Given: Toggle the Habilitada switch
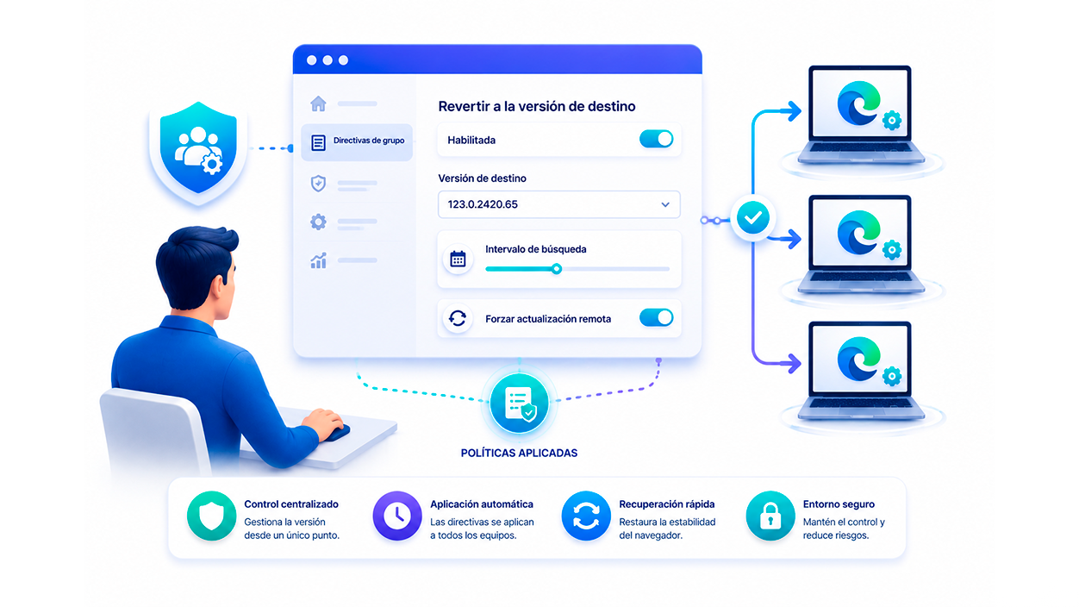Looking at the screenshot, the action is [x=656, y=139].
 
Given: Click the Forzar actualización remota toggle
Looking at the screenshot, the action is [x=656, y=318].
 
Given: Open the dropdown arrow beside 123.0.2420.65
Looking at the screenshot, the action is [x=665, y=204].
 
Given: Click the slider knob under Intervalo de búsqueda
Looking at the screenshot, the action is [x=557, y=269].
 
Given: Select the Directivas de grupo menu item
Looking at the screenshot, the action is [x=357, y=141].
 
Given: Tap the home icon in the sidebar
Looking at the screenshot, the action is [x=318, y=103].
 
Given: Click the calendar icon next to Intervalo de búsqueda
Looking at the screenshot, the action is [x=458, y=260].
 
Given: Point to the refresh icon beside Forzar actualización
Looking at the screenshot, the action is [x=457, y=318].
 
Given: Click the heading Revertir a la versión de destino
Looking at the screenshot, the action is [x=537, y=106].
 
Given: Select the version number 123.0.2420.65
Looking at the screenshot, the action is [x=483, y=204].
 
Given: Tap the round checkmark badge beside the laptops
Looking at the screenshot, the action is [x=753, y=218].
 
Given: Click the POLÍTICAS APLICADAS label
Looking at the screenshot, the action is [x=519, y=453].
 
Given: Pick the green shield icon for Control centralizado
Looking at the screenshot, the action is [x=211, y=516].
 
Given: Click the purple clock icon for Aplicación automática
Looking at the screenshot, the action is [x=397, y=516].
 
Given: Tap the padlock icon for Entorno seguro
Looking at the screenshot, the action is [x=770, y=516].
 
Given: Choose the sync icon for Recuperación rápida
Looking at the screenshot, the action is [x=586, y=516].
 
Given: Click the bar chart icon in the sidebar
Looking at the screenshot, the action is [x=318, y=260].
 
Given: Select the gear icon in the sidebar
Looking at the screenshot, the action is [x=318, y=222].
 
